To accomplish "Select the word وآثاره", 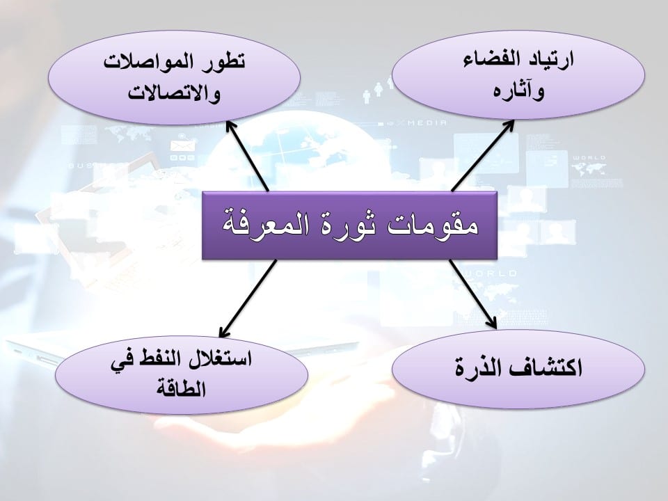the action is [x=518, y=90].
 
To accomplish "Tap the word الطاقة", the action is [x=181, y=388].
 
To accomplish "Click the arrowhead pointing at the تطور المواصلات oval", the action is [x=230, y=126].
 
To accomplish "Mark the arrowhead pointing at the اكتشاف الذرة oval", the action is [x=492, y=323].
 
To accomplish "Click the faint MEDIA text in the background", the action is [x=427, y=122].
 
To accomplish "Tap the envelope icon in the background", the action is [x=182, y=145].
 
